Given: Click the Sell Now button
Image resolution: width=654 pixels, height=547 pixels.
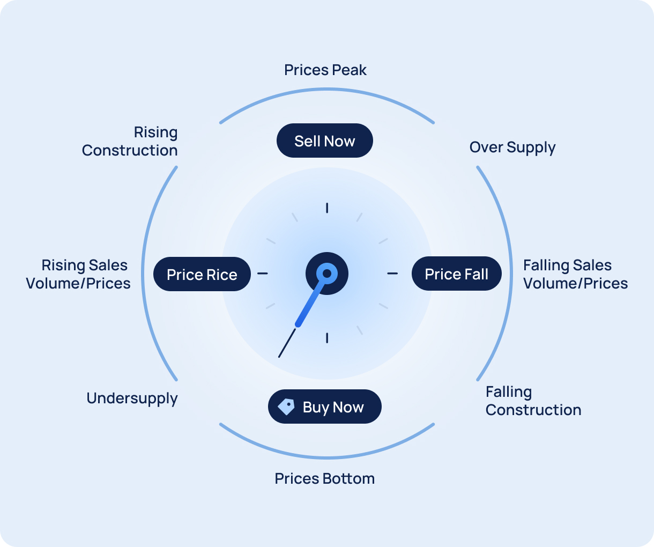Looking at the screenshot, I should [x=324, y=141].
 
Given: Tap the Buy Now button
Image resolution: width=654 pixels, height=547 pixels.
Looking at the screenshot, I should [x=325, y=406].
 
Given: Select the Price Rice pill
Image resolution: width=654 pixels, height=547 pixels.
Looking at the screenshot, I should [x=202, y=274].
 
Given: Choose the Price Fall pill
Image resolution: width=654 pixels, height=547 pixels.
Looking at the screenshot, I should [x=457, y=273].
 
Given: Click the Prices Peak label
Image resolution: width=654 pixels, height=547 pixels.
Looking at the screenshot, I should [x=325, y=70].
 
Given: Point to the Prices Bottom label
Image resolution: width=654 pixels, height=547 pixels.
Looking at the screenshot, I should [x=325, y=478].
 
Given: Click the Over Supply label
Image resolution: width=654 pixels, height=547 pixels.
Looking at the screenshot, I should [x=512, y=147].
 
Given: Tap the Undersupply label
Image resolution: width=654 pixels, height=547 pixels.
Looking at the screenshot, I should [x=132, y=398].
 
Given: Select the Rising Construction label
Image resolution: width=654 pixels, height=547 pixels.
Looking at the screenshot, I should [x=130, y=141].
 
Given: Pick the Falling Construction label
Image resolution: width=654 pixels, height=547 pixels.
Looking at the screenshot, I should [x=533, y=401].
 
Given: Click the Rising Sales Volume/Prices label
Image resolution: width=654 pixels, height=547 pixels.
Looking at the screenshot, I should [x=78, y=274].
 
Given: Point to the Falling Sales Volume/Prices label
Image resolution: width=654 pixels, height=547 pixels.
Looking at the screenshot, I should [x=575, y=274].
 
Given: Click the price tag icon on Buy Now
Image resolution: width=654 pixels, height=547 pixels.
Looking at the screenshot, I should [x=286, y=406].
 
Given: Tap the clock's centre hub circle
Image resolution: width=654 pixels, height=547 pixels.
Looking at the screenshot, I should [x=327, y=273].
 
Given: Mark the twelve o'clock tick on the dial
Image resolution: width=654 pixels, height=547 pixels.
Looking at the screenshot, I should [x=327, y=208].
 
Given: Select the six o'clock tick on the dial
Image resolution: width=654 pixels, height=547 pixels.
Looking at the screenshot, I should [x=327, y=337].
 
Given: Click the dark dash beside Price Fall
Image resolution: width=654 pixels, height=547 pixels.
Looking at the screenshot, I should [x=392, y=273].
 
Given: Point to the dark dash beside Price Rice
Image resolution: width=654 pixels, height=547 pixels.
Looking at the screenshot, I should [x=262, y=273].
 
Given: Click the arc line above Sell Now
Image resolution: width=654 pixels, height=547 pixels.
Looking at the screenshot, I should [x=327, y=90].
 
